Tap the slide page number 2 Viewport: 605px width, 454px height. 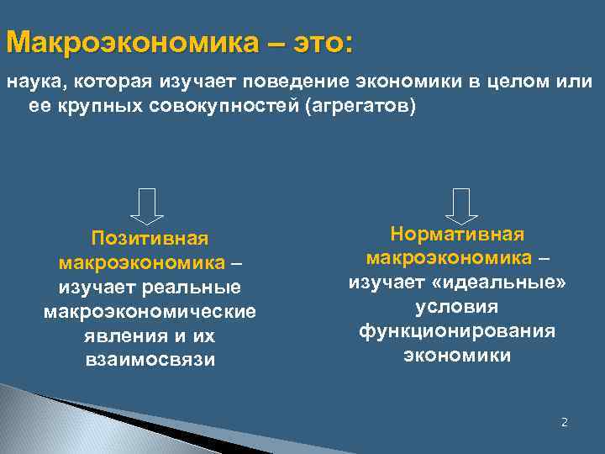pos(565,422)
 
